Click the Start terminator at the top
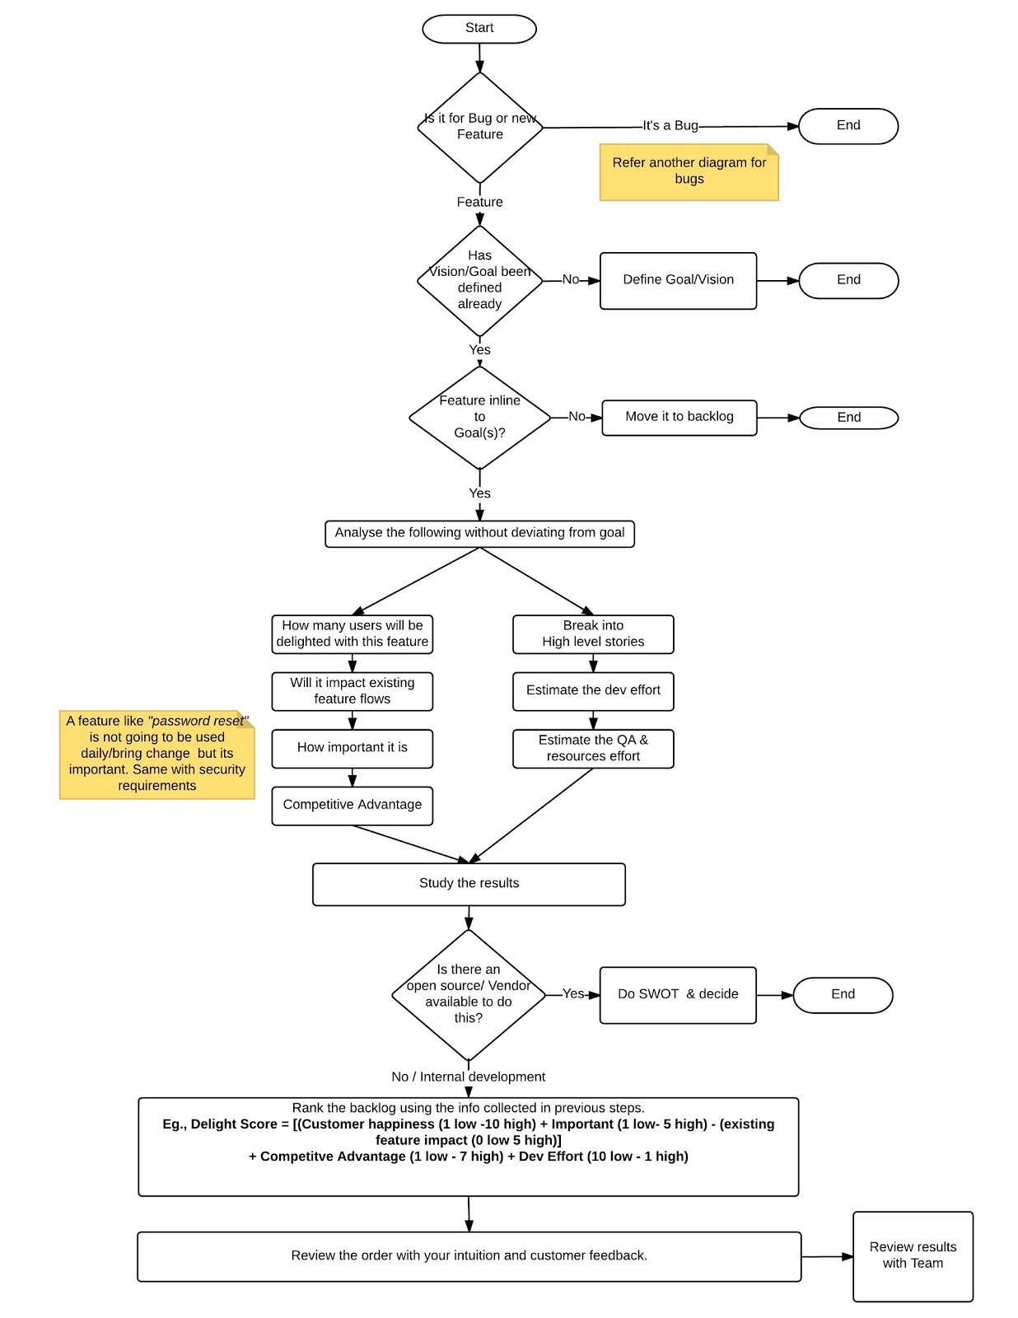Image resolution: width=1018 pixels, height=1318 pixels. [x=479, y=29]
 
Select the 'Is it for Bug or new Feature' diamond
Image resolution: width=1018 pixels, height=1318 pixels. [x=479, y=128]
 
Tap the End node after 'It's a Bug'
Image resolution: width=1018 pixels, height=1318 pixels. [x=848, y=126]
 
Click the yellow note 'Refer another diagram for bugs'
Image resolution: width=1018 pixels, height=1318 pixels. [x=689, y=172]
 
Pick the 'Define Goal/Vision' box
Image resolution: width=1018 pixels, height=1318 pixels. [x=678, y=281]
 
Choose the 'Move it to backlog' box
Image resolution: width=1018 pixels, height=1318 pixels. [x=679, y=418]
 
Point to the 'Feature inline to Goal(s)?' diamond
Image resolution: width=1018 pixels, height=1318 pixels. [x=479, y=418]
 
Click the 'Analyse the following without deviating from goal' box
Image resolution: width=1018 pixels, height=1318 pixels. [x=479, y=534]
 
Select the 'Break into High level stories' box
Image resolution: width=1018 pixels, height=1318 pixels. [x=593, y=633]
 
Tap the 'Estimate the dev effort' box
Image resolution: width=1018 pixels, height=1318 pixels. [x=593, y=691]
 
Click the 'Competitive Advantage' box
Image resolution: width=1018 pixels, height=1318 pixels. [x=353, y=806]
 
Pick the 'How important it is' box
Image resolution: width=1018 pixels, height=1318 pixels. [x=353, y=749]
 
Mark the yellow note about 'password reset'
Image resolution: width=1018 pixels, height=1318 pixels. [x=157, y=755]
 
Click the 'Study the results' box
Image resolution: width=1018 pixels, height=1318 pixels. [x=469, y=885]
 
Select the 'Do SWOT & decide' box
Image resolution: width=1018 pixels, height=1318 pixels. [x=678, y=995]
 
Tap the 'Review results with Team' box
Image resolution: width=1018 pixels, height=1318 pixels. [x=913, y=1256]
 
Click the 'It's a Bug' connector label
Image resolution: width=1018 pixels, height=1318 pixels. [x=670, y=125]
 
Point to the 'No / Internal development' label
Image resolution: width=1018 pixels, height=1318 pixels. [x=468, y=1077]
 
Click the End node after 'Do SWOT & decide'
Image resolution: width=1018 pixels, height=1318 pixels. [x=843, y=995]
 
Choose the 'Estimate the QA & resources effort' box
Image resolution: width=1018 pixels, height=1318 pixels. [x=593, y=749]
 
